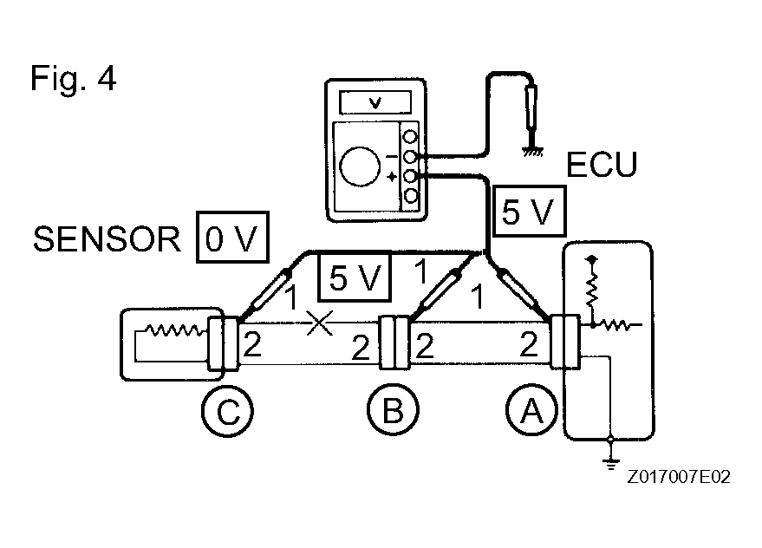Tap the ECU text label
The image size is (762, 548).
click(600, 165)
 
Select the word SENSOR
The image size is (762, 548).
click(107, 238)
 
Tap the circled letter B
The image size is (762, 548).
click(392, 411)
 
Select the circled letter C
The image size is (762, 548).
click(227, 411)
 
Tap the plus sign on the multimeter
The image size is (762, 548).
click(393, 176)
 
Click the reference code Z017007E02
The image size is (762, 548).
click(680, 477)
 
